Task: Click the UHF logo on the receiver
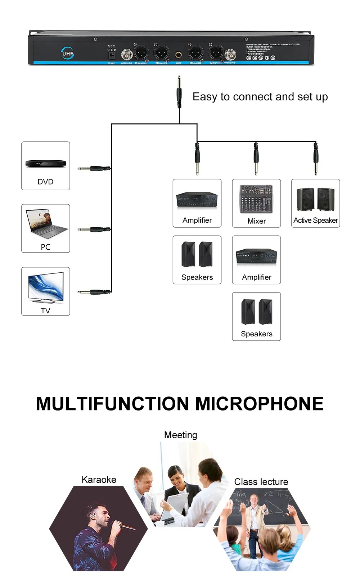68,53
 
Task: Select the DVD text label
45,182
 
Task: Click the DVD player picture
46,163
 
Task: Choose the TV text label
45,310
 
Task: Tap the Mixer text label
256,221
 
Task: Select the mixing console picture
256,199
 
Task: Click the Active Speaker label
315,220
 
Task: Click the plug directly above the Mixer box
256,158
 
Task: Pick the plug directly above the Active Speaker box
316,158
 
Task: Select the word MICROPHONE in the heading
259,404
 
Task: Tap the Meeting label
180,435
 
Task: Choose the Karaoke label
99,480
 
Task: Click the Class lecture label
261,482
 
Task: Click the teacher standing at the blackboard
255,518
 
